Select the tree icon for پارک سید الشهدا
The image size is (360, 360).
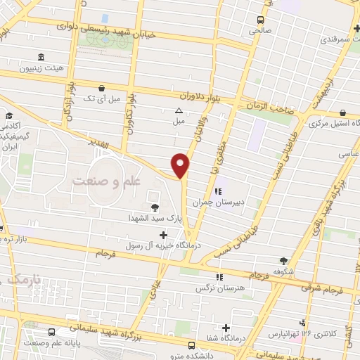pos(155,207)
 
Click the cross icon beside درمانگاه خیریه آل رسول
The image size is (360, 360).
pos(164,235)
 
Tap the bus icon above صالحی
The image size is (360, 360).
pos(260,20)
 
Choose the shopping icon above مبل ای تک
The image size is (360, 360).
pos(103,89)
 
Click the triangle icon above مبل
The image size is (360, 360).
pos(179,110)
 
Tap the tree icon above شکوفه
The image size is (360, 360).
pos(283,259)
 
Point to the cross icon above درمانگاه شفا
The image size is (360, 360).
pos(226,328)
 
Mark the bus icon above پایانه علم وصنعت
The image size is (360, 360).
pos(51,332)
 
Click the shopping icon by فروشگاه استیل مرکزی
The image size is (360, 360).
pos(342,112)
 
